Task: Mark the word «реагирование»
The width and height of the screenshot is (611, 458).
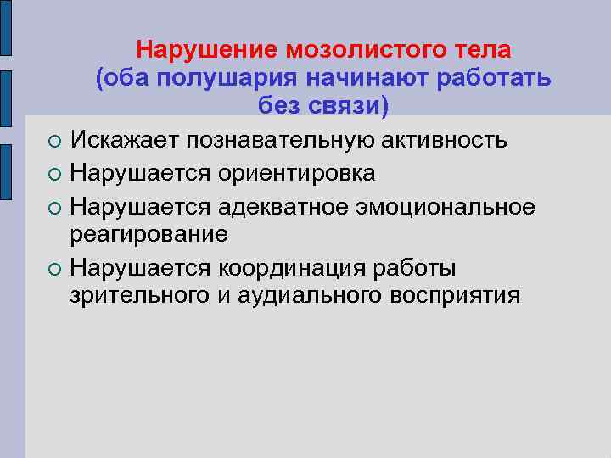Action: click(x=149, y=234)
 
